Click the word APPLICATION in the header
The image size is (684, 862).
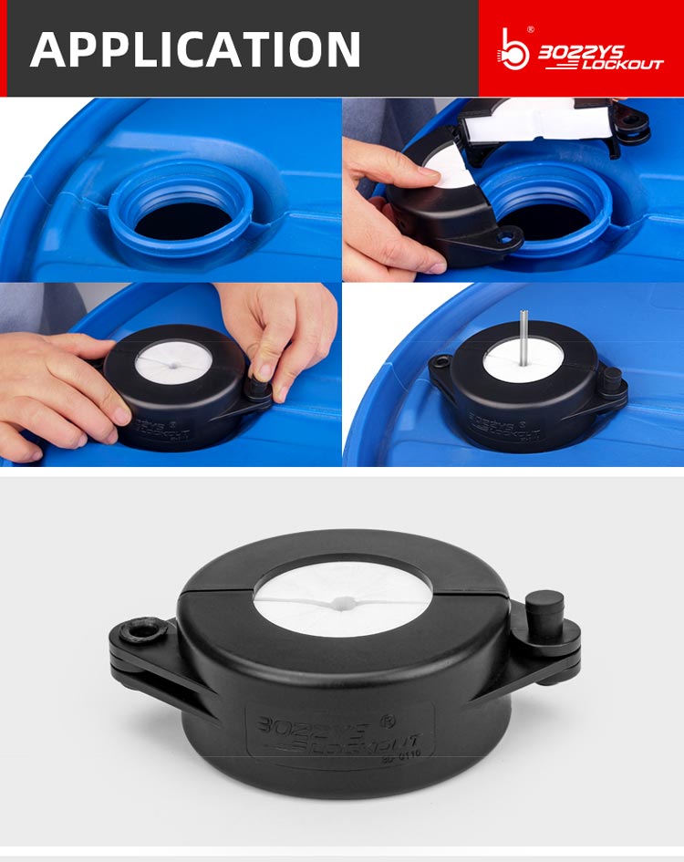195,48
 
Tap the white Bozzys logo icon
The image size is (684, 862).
514,48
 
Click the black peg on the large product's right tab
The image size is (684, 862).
544,609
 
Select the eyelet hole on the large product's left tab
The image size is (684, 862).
142,628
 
